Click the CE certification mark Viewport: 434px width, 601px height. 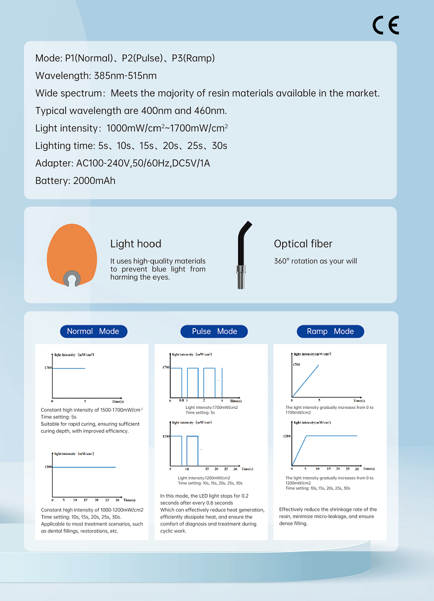[x=386, y=25]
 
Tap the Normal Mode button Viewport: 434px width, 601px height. [x=93, y=331]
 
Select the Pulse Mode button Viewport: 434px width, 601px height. [x=214, y=331]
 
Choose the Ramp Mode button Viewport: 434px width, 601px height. [x=330, y=331]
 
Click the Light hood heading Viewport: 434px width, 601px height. [x=136, y=244]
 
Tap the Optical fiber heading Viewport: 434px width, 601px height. [x=303, y=244]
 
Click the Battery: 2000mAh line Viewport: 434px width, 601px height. [x=75, y=181]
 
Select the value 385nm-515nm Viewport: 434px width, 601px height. [x=125, y=75]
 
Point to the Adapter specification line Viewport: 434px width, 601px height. [x=123, y=163]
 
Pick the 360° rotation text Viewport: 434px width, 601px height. [x=315, y=261]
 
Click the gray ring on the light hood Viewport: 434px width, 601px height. [x=71, y=278]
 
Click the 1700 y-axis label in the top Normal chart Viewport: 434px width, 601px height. [x=48, y=368]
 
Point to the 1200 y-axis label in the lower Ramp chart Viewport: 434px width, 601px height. [x=287, y=435]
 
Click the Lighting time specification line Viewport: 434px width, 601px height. [x=131, y=145]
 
